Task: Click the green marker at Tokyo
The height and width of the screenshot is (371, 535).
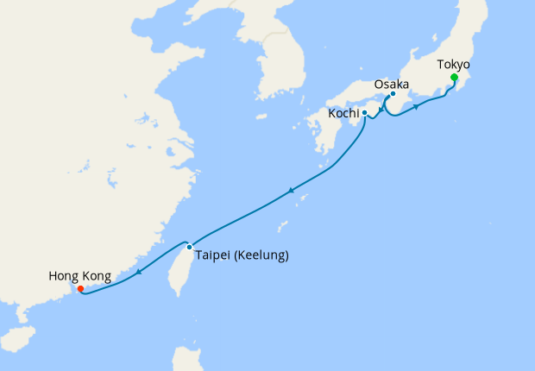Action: (x=454, y=78)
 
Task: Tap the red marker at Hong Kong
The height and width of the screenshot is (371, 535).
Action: (x=80, y=289)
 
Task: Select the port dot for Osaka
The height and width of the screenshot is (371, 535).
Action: (x=393, y=94)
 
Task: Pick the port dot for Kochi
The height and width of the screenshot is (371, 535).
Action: (x=365, y=113)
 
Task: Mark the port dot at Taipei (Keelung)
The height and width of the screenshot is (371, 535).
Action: (x=189, y=247)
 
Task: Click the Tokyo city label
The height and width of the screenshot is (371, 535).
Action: (x=454, y=64)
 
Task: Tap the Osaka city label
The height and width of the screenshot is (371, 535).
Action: (x=392, y=85)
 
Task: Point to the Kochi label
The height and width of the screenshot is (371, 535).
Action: (x=343, y=113)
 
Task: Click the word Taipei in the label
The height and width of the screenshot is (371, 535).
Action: (x=213, y=255)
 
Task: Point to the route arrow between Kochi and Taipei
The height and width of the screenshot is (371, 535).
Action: (x=292, y=191)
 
